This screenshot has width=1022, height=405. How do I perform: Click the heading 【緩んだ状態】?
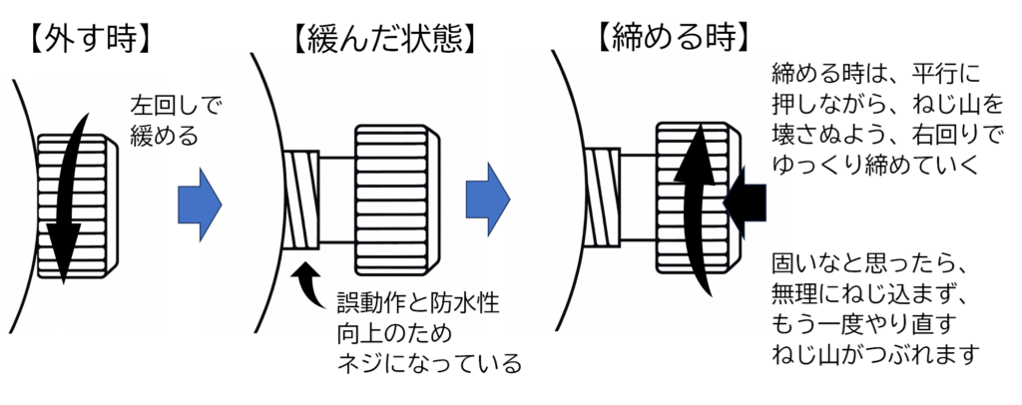pos(383,38)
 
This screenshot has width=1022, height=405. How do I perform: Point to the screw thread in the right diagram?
pos(601,199)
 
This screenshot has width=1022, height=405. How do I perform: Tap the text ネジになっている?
pos(430,363)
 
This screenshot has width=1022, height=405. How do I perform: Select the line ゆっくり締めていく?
pos(862,165)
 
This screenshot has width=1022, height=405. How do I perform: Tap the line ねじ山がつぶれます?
pos(874,355)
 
